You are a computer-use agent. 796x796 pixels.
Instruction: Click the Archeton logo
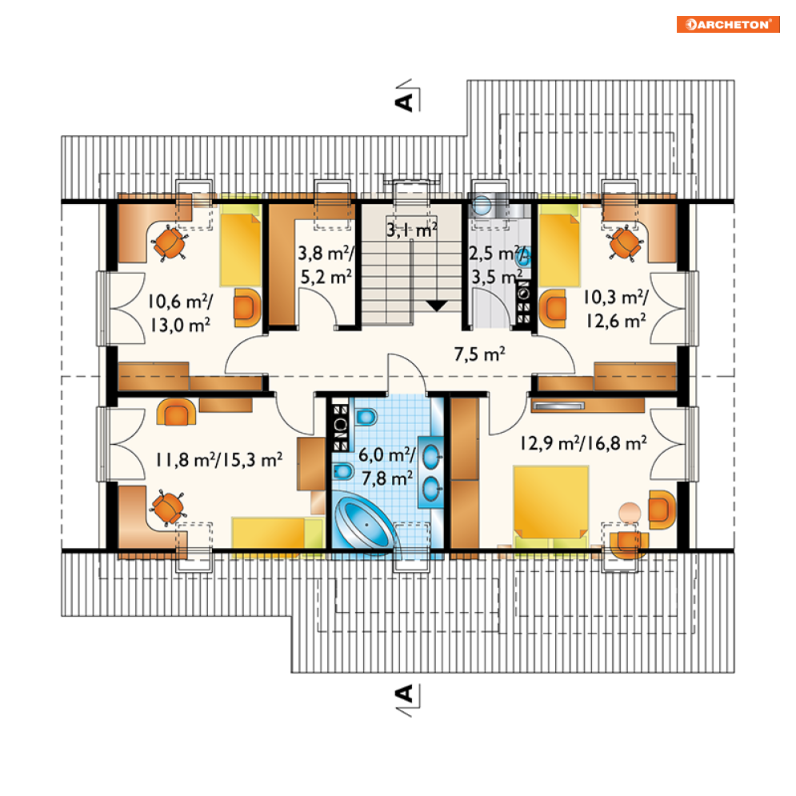point(728,24)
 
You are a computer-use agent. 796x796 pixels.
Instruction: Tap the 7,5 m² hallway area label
point(480,354)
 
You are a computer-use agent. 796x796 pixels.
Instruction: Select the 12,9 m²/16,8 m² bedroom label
point(583,443)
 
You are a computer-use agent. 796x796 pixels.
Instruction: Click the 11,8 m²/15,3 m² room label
point(218,460)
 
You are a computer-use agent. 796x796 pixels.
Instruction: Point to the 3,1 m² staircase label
point(412,230)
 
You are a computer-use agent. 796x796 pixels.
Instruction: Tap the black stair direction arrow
point(437,306)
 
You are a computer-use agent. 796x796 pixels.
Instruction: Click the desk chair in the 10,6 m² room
point(170,243)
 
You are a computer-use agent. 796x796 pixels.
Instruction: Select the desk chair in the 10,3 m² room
point(626,242)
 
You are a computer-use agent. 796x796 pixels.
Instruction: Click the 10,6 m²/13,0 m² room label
point(180,314)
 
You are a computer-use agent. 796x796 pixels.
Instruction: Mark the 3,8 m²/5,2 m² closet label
point(326,265)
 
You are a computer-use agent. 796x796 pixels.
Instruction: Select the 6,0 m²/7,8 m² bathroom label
point(387,466)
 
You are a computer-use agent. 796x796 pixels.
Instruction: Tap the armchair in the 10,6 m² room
point(247,308)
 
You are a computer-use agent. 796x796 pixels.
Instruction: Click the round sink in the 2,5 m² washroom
point(482,206)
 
